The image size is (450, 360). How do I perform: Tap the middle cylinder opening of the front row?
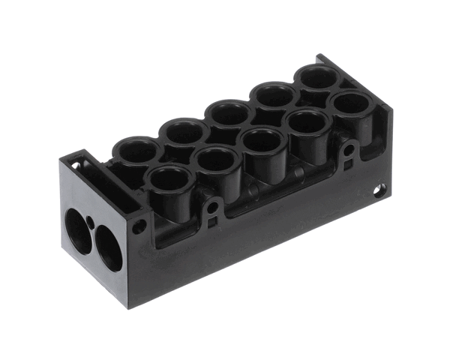pos(262,140)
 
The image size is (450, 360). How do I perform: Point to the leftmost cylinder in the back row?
pos(137,150)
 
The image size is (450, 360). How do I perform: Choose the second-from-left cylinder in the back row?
pos(184,132)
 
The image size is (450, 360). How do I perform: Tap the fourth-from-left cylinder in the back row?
pos(274,95)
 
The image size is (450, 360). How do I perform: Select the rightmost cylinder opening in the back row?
pos(319,76)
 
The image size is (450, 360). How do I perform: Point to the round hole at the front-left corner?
pos(140,226)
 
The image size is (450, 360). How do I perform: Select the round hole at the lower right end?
pos(380,190)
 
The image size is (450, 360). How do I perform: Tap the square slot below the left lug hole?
pos(213,221)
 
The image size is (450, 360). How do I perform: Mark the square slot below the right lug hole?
pos(346,166)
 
